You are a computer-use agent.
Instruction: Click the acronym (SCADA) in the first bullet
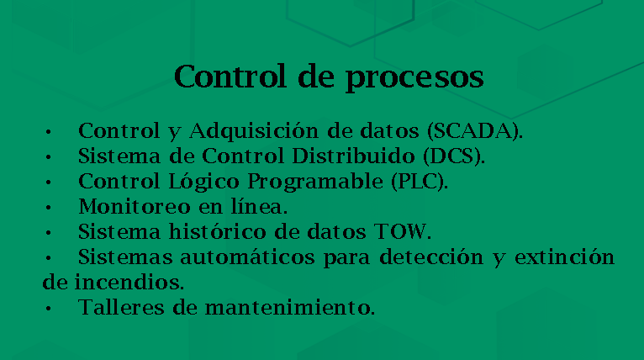[x=475, y=131]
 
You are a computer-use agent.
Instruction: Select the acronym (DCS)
[x=454, y=156]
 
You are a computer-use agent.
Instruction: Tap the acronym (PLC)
[x=420, y=181]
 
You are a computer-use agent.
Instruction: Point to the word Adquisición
[x=253, y=131]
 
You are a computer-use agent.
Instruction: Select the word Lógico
[x=203, y=182]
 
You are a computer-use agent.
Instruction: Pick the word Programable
[x=315, y=182]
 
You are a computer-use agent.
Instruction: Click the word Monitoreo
[x=135, y=207]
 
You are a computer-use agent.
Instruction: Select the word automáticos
[x=247, y=257]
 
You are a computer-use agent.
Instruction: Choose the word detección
[x=431, y=257]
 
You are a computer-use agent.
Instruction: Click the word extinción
[x=564, y=257]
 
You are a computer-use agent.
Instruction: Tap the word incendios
[x=129, y=282]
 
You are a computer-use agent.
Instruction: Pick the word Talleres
[x=121, y=307]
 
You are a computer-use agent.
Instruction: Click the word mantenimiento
[x=289, y=307]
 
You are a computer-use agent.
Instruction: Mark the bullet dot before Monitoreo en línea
[x=49, y=208]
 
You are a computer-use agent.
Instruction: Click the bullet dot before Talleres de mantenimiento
[x=49, y=308]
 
